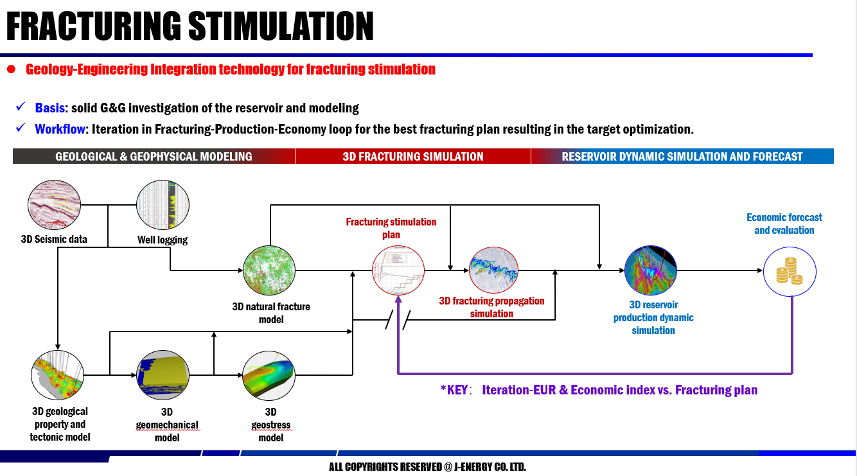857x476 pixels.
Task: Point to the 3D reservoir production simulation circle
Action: tap(650, 270)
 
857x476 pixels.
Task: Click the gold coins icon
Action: tap(789, 272)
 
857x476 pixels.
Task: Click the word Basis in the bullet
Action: tap(49, 108)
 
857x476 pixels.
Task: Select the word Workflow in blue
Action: tap(60, 129)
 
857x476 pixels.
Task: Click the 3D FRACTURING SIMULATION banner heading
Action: tap(413, 156)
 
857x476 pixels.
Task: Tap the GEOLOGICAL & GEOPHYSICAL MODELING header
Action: tap(154, 156)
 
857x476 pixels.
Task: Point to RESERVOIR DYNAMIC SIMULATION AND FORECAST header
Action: tap(682, 156)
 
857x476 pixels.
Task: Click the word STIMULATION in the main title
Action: tap(281, 26)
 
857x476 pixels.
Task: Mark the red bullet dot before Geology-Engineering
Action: tap(11, 69)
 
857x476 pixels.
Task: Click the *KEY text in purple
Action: tap(454, 390)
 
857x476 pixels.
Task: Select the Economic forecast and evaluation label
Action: tap(784, 224)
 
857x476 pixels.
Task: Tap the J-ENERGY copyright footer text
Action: tap(427, 467)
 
